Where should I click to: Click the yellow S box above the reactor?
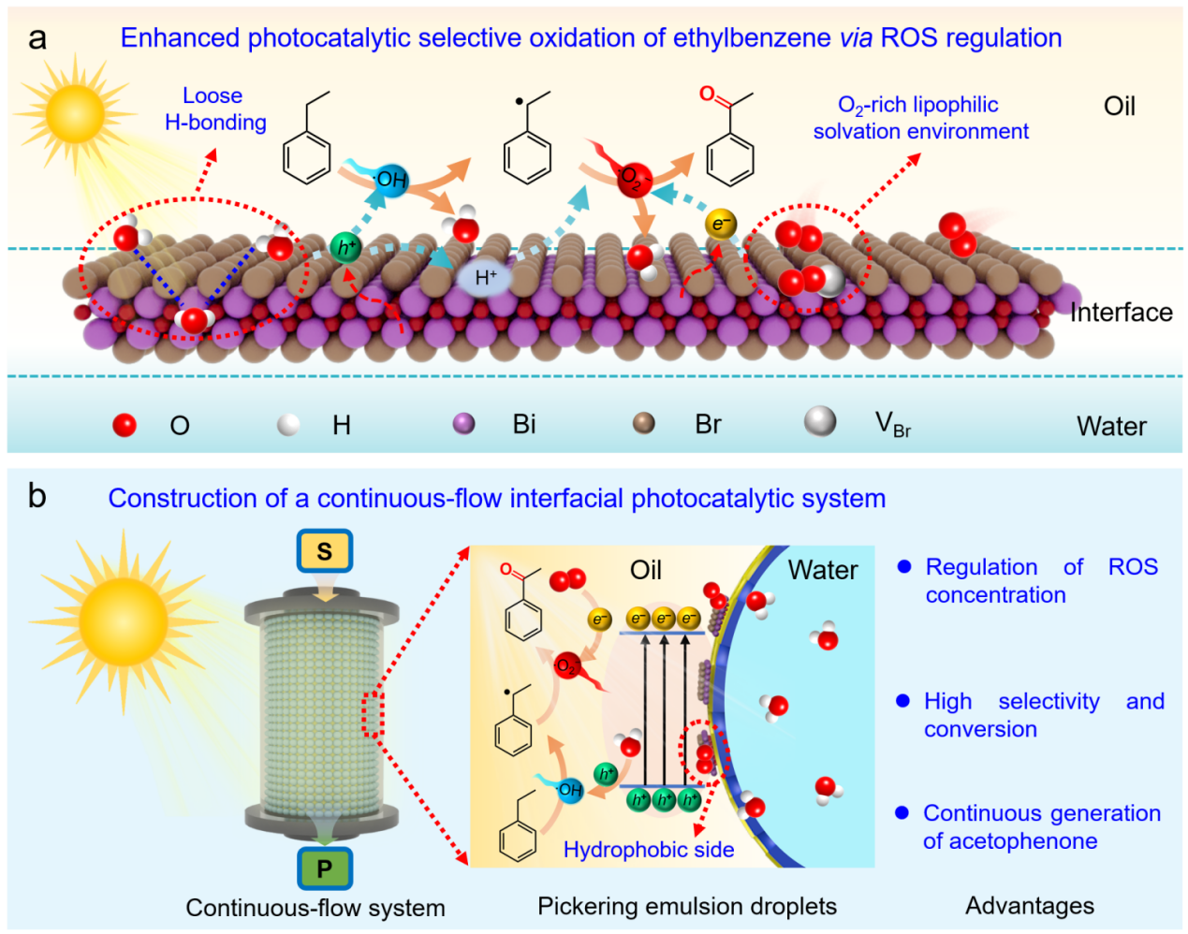coord(324,551)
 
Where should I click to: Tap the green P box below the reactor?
coord(324,868)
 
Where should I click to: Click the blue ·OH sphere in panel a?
coord(390,178)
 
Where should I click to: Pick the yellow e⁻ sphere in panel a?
coord(720,224)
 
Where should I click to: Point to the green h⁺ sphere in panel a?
coord(346,248)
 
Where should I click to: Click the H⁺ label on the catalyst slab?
coord(486,277)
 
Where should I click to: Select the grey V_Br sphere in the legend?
coord(820,421)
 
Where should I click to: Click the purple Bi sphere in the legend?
coord(463,424)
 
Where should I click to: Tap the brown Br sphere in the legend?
coord(644,424)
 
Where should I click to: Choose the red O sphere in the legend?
coord(125,425)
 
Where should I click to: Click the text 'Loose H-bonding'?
coord(214,109)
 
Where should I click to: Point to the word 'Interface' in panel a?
coord(1121,312)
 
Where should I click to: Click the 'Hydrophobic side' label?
coord(648,850)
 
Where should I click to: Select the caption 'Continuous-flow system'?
coord(315,908)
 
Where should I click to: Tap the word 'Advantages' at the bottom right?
coord(1030,906)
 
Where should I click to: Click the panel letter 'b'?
coord(37,496)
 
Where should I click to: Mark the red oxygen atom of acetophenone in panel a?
coord(707,94)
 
